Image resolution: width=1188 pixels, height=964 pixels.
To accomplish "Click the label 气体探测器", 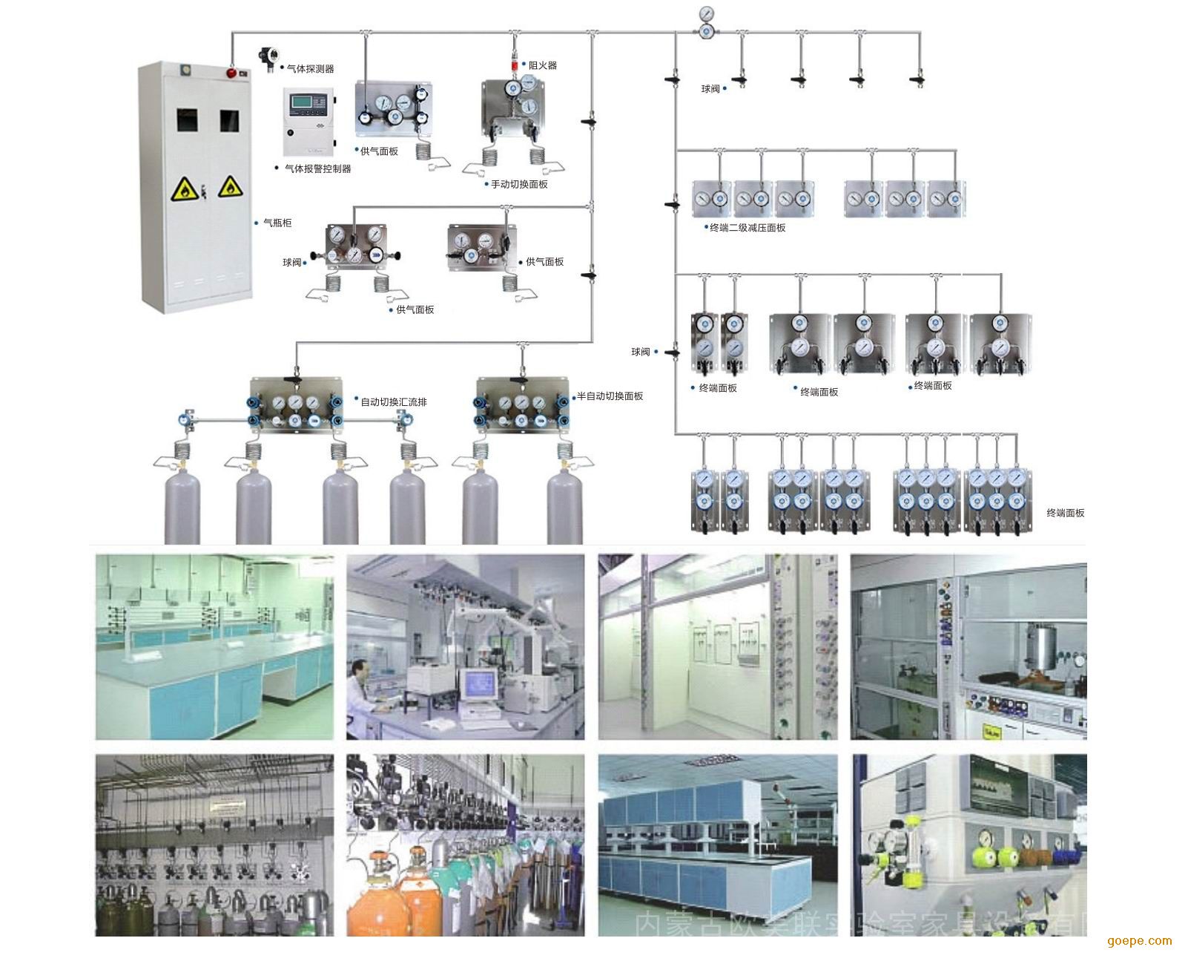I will (x=310, y=68).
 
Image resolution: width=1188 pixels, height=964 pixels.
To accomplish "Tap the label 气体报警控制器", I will (x=317, y=168).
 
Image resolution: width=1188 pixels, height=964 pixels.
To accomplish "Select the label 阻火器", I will (x=542, y=65).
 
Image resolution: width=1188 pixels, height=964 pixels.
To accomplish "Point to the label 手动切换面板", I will (x=519, y=184).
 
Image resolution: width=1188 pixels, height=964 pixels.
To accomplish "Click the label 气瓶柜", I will (x=277, y=223).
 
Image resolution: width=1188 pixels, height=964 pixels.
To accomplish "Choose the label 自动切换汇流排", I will (x=393, y=402).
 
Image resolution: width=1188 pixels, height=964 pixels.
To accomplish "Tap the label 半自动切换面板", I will (x=610, y=396).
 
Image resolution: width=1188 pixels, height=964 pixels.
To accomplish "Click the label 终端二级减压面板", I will (x=748, y=228).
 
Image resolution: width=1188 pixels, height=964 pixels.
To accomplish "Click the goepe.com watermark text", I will (x=1140, y=941).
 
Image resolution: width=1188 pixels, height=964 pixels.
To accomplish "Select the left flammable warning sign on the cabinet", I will (x=181, y=191).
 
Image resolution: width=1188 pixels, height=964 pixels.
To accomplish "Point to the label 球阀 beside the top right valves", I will (x=710, y=89).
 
